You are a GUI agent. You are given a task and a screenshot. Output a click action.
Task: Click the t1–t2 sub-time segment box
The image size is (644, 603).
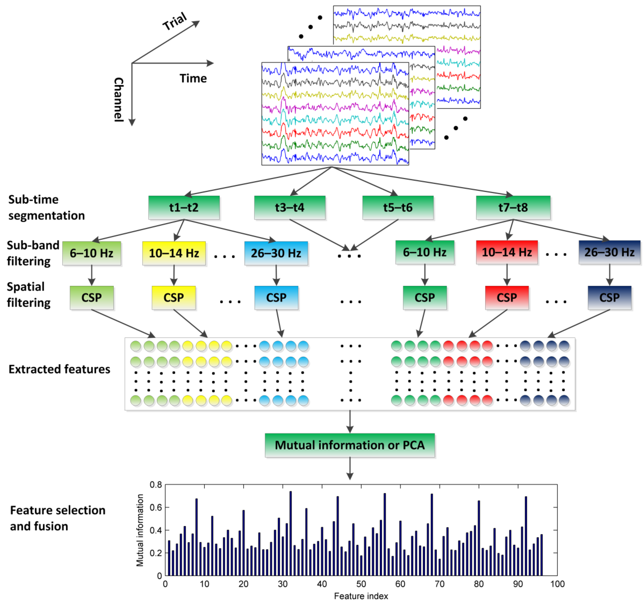pyautogui.click(x=184, y=207)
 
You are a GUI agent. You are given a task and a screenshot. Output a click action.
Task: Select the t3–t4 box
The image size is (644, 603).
pyautogui.click(x=290, y=207)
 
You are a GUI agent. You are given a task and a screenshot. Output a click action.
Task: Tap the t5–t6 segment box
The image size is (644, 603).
pyautogui.click(x=398, y=207)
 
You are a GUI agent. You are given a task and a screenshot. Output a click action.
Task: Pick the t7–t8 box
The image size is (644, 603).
pyautogui.click(x=513, y=207)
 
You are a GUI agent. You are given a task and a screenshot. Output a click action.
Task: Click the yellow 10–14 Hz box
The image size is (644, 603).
pyautogui.click(x=174, y=253)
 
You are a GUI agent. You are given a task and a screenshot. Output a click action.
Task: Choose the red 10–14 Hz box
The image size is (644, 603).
pyautogui.click(x=507, y=252)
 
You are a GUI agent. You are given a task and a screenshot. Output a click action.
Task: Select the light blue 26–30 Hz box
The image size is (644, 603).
pyautogui.click(x=276, y=253)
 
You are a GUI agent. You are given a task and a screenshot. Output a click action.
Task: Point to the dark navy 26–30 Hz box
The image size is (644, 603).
pyautogui.click(x=609, y=252)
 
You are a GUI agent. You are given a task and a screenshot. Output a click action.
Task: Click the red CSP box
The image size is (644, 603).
pyautogui.click(x=507, y=297)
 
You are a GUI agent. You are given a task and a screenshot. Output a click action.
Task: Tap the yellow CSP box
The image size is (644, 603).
pyautogui.click(x=174, y=297)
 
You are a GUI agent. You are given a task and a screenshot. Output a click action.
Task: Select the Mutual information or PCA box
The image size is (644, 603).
pyautogui.click(x=349, y=445)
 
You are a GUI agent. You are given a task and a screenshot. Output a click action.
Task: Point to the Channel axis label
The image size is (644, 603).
pyautogui.click(x=119, y=100)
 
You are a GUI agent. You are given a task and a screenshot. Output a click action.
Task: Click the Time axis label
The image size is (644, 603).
pyautogui.click(x=193, y=78)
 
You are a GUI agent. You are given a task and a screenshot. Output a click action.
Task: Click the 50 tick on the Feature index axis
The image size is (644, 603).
pyautogui.click(x=361, y=584)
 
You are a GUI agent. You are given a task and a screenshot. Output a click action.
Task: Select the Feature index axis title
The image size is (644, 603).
pyautogui.click(x=361, y=596)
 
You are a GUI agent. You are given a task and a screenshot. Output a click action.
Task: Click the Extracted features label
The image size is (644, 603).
pyautogui.click(x=59, y=369)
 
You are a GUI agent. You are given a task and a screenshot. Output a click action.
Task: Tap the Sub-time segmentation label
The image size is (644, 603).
pyautogui.click(x=46, y=207)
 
